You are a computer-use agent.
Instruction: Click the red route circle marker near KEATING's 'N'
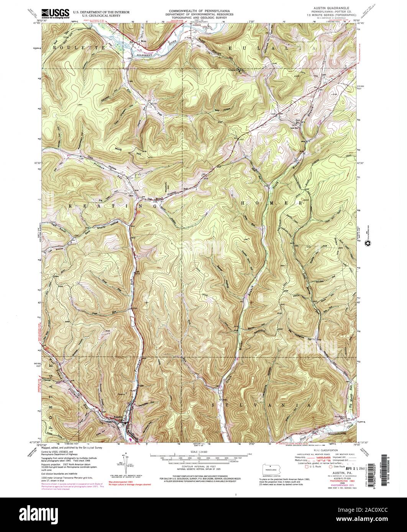(x=139, y=211)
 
